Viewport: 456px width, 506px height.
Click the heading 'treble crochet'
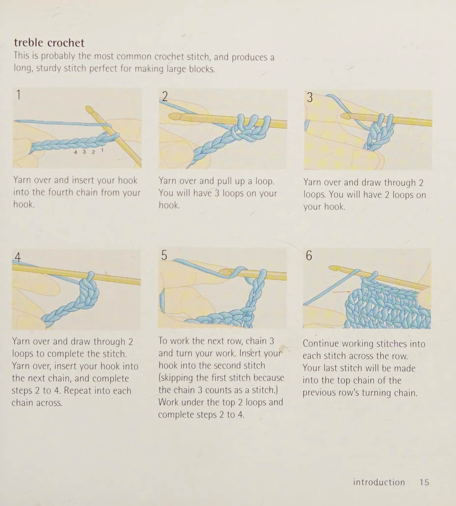49,43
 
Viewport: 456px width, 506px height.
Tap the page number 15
424,482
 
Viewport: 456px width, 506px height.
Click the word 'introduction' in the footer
379,482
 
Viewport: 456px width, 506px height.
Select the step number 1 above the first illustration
18,95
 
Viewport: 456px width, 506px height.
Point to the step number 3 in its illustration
310,98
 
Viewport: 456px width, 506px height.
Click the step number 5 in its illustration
164,255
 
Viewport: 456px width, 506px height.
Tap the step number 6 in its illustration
309,256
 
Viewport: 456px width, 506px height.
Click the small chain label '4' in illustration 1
75,152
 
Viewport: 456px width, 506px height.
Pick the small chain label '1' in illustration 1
102,150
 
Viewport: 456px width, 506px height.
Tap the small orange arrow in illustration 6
341,292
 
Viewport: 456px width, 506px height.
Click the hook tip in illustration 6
333,268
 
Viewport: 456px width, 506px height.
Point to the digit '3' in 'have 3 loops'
217,193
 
